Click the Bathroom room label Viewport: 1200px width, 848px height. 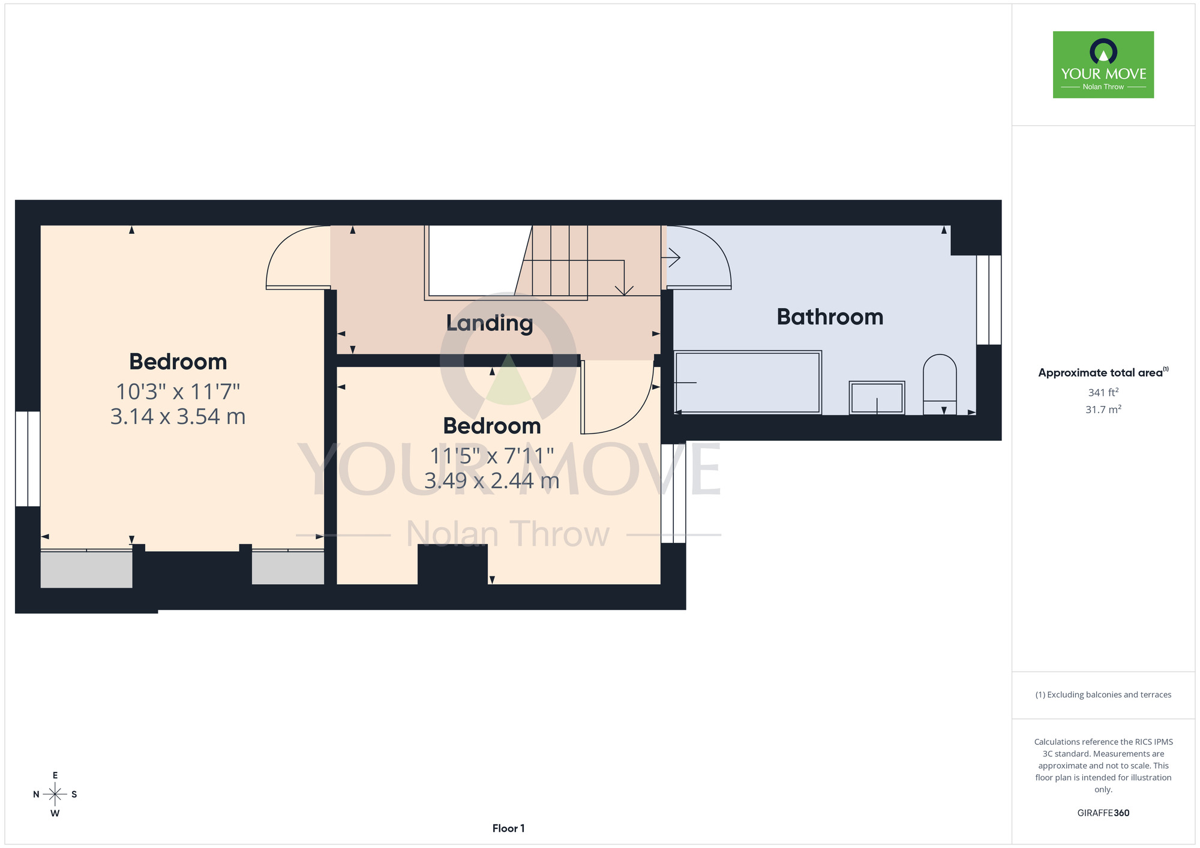pyautogui.click(x=830, y=317)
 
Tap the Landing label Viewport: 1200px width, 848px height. pyautogui.click(x=490, y=323)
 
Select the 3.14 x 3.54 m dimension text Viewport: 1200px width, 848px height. pyautogui.click(x=178, y=416)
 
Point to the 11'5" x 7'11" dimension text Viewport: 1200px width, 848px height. pyautogui.click(x=492, y=456)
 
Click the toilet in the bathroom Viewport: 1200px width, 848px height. pyautogui.click(x=940, y=384)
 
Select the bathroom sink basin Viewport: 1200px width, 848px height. pyautogui.click(x=877, y=398)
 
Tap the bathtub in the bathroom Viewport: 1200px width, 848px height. pyautogui.click(x=748, y=382)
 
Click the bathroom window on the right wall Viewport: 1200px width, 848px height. pyautogui.click(x=989, y=300)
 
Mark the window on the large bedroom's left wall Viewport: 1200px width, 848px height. pyautogui.click(x=28, y=459)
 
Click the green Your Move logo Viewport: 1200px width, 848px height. pyautogui.click(x=1103, y=65)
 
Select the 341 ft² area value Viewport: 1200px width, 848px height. pyautogui.click(x=1103, y=392)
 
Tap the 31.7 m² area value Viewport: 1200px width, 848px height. pyautogui.click(x=1103, y=410)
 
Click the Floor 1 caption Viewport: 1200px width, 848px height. pyautogui.click(x=509, y=828)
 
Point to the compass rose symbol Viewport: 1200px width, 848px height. pyautogui.click(x=55, y=795)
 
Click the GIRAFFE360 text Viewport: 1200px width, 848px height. pyautogui.click(x=1103, y=813)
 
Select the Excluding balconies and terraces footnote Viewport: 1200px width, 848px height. pyautogui.click(x=1103, y=694)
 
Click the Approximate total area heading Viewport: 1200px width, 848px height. pyautogui.click(x=1103, y=372)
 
